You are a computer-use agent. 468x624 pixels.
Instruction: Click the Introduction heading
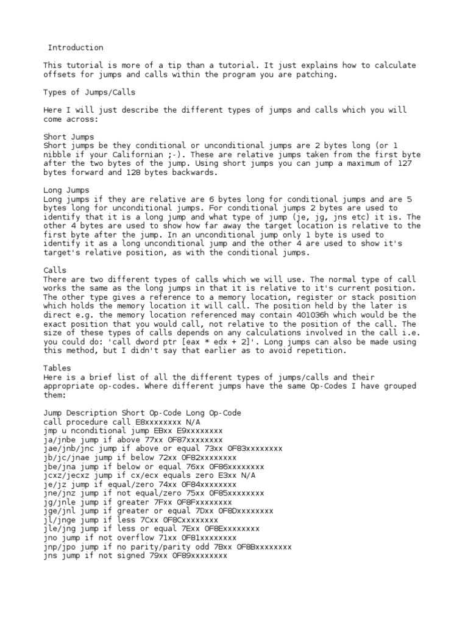tap(76, 48)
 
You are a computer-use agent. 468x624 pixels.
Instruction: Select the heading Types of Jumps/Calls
tap(90, 93)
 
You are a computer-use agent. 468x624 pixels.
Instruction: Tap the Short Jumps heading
tap(69, 137)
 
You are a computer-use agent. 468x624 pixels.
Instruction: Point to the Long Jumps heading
tap(66, 191)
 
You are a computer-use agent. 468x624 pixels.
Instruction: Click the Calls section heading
tap(55, 270)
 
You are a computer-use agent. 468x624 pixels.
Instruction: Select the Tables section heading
tap(57, 368)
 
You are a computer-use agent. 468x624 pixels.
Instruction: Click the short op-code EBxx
tap(149, 431)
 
